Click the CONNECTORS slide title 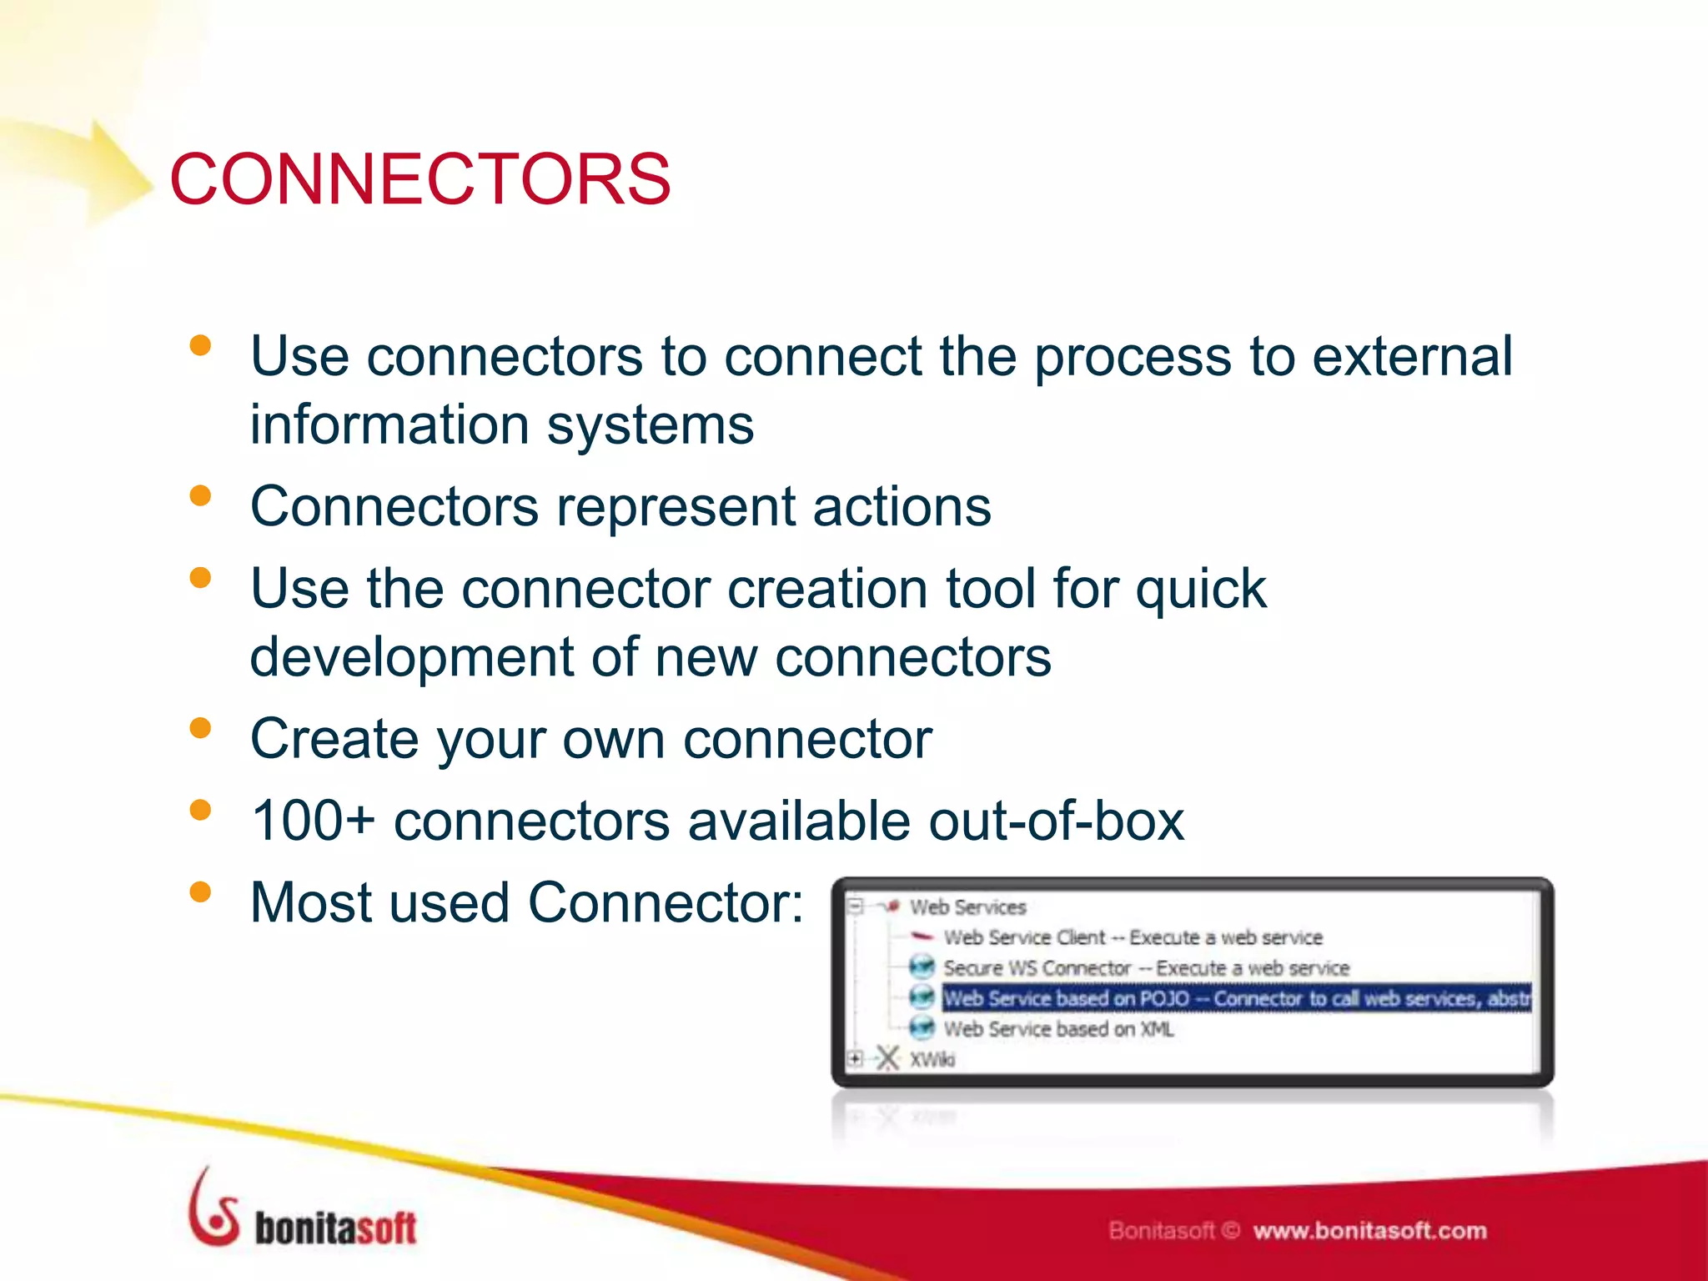[x=419, y=179]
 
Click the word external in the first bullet [x=1412, y=357]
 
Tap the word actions [x=902, y=507]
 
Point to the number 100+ [x=313, y=821]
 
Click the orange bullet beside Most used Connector [x=200, y=892]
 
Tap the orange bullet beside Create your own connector [x=200, y=728]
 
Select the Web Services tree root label [x=967, y=907]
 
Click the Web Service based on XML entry [x=1057, y=1029]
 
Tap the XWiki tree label [x=932, y=1060]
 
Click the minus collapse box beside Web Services [x=855, y=907]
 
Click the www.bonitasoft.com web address [x=1369, y=1231]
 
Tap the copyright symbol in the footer [x=1233, y=1231]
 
